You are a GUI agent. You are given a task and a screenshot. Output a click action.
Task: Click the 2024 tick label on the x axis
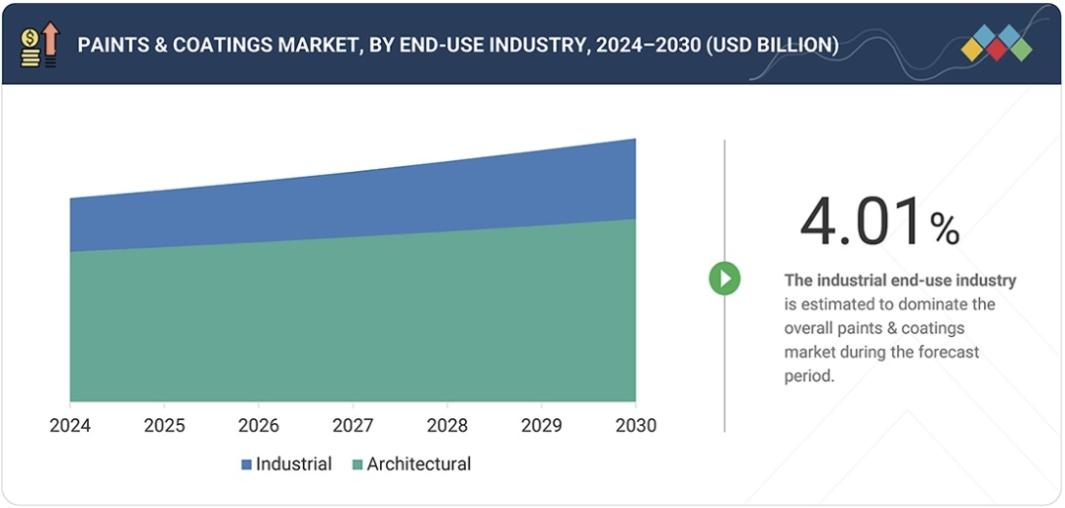(69, 425)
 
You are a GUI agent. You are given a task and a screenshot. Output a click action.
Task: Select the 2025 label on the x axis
(163, 425)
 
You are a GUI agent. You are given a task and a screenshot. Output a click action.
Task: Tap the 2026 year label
(258, 425)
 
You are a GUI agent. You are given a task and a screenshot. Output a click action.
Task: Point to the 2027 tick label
(353, 425)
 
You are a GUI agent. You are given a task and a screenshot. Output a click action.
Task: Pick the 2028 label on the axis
(447, 425)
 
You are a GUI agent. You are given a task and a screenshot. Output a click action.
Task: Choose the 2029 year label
(541, 425)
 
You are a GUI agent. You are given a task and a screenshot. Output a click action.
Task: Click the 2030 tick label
(635, 425)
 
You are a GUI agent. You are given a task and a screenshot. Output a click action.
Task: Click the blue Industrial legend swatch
(246, 465)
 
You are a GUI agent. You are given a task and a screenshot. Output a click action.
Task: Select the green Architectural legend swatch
(358, 465)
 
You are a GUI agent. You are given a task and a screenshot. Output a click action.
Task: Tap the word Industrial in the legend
(293, 464)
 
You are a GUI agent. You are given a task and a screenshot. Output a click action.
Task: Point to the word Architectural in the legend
(418, 464)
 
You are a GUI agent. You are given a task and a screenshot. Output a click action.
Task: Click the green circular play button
(724, 278)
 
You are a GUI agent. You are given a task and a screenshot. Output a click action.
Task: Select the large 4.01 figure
(861, 222)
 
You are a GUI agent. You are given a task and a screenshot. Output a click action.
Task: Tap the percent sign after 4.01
(944, 230)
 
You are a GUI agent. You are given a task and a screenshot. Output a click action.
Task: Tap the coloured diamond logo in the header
(996, 44)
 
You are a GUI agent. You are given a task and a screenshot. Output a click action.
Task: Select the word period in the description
(809, 375)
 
